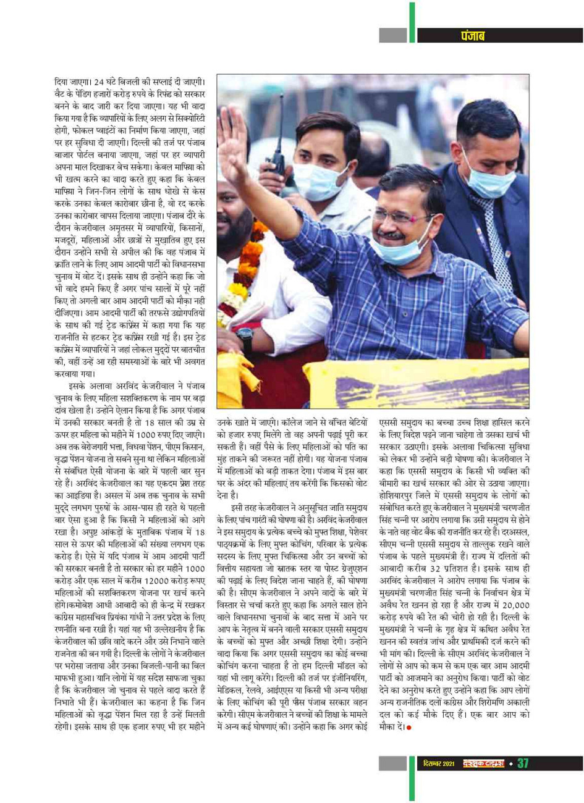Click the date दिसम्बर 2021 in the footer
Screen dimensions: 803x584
[440, 764]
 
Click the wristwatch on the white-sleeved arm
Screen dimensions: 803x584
[245, 339]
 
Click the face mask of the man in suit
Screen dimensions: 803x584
[488, 179]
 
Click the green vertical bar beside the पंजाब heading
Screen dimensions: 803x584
[412, 22]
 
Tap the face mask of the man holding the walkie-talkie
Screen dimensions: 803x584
[311, 180]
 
